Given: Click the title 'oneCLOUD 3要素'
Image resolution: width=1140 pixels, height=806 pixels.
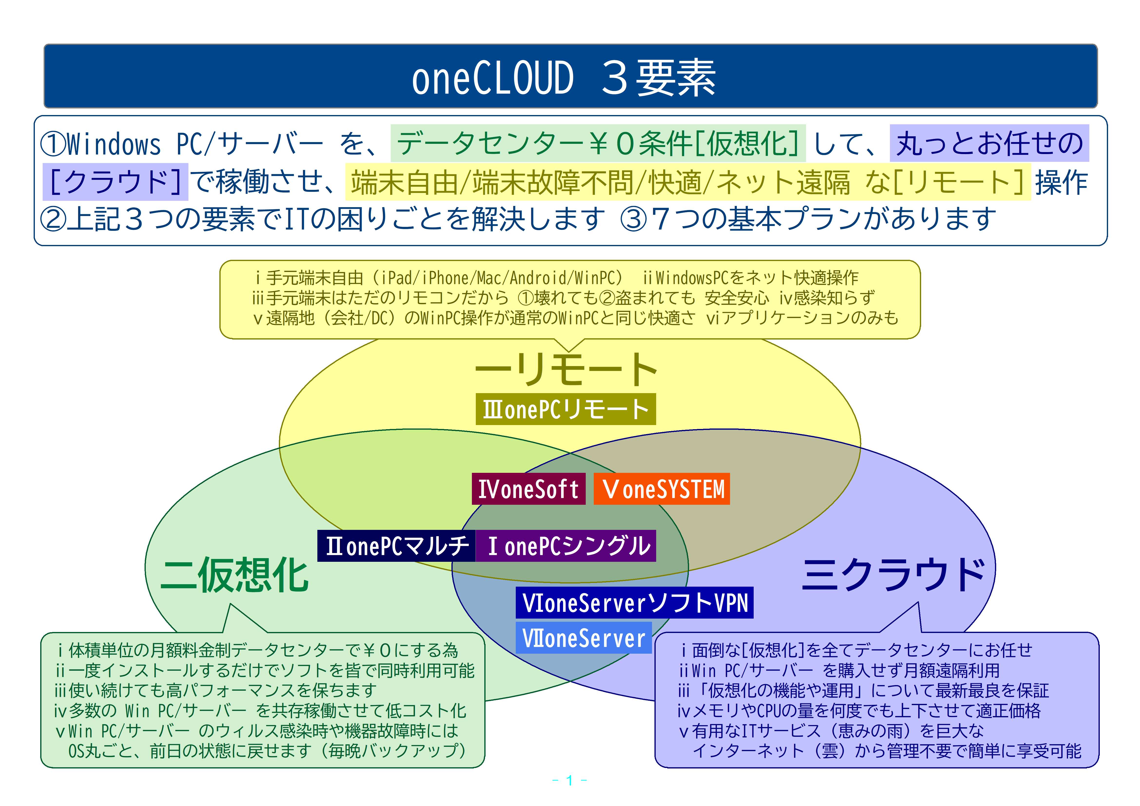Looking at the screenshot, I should (564, 78).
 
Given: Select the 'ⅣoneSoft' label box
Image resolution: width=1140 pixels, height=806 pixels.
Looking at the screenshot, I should (528, 489).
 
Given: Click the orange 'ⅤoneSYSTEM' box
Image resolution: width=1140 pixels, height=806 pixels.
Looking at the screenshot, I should (662, 489).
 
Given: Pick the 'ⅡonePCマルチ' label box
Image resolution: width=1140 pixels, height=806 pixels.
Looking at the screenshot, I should (396, 546).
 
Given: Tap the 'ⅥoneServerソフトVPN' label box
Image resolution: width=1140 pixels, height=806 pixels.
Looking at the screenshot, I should (634, 603).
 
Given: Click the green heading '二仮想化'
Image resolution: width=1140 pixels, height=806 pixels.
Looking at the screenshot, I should (234, 575).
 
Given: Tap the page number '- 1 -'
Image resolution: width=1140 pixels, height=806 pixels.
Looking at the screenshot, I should (569, 780).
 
